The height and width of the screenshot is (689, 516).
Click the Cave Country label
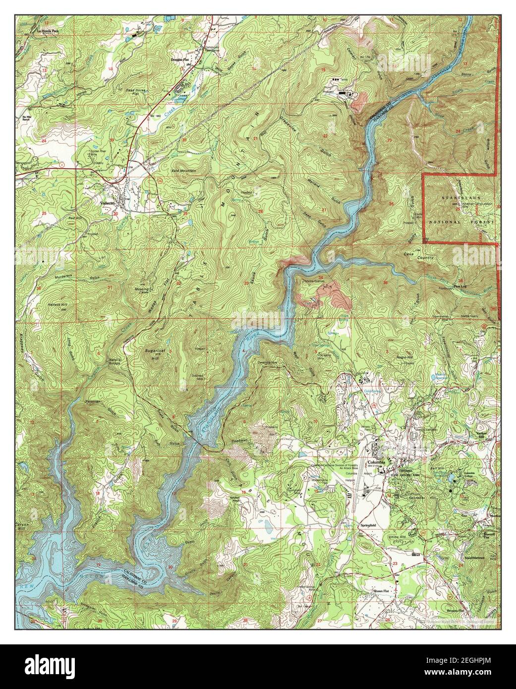pyautogui.click(x=419, y=258)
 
